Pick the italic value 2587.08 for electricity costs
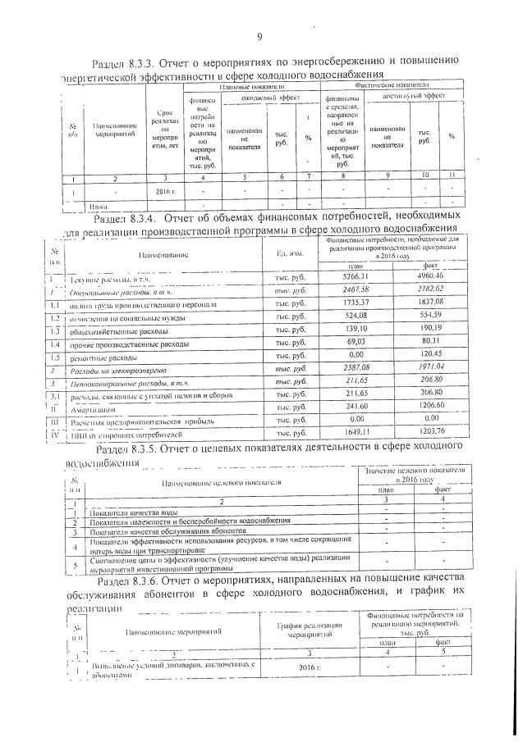tap(355, 370)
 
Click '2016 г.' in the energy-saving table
tap(166, 191)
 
